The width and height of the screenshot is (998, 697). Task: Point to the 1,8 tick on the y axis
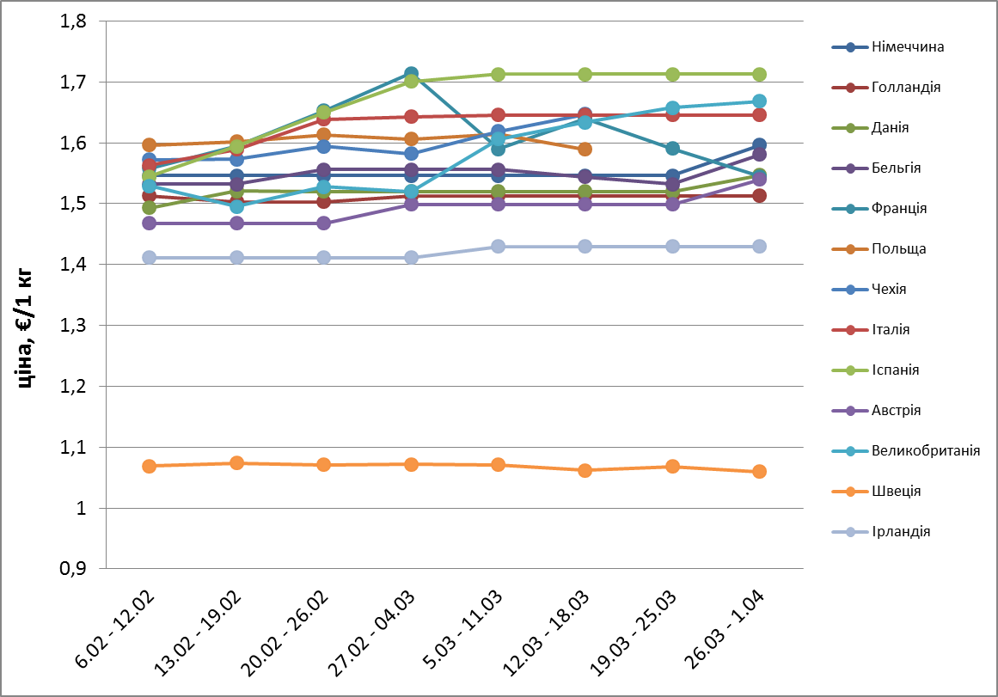point(74,21)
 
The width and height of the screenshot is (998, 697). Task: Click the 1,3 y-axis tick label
point(74,326)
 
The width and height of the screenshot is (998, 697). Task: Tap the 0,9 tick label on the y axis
point(74,569)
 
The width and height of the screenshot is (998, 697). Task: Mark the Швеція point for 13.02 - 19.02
point(236,463)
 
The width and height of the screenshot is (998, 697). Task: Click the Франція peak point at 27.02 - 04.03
point(411,74)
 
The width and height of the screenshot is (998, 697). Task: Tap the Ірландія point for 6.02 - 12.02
point(150,258)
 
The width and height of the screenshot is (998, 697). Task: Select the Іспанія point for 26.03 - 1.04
point(760,74)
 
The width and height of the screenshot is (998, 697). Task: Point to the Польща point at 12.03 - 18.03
point(585,149)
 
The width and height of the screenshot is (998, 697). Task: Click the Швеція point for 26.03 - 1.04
point(760,471)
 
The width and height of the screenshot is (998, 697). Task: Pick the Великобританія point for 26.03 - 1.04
point(760,101)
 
